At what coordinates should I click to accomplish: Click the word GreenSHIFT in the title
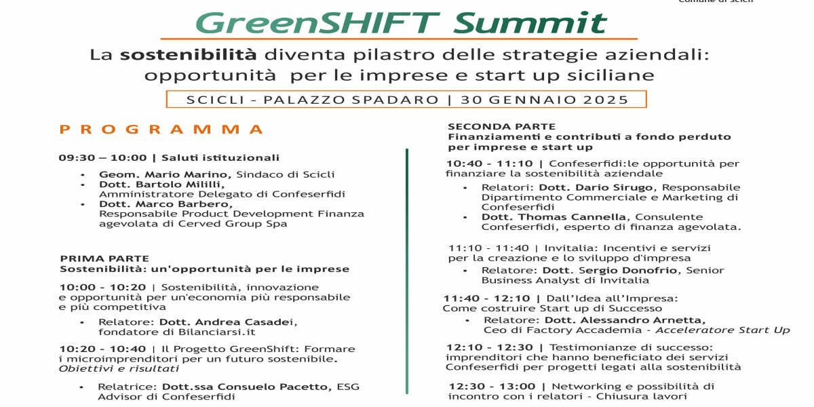point(317,22)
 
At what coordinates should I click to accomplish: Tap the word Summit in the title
point(530,22)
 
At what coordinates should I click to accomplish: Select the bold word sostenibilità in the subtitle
point(189,55)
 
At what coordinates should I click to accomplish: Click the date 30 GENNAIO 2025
point(545,100)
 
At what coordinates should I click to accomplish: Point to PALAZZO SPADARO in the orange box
point(351,100)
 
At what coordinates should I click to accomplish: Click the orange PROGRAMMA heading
point(161,130)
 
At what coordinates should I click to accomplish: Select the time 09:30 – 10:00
point(103,157)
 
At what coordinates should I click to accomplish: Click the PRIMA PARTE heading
point(104,258)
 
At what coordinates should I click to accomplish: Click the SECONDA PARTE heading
point(502,126)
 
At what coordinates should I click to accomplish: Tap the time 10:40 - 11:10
point(490,164)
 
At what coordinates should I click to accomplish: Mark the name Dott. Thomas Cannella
point(554,217)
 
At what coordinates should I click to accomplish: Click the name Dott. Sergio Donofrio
point(610,271)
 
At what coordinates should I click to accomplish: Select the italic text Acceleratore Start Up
point(723,330)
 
